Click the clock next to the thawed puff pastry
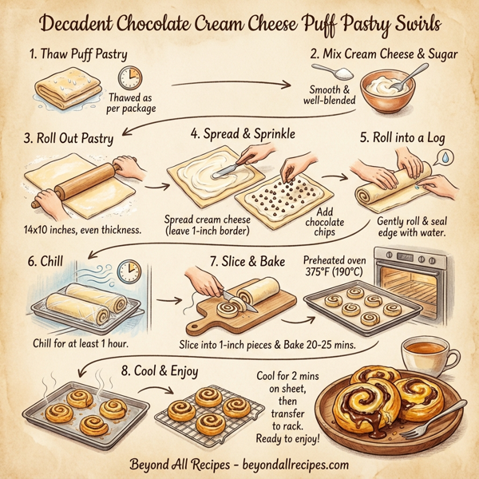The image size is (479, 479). [129, 78]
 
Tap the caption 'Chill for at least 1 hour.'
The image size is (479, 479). [82, 344]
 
